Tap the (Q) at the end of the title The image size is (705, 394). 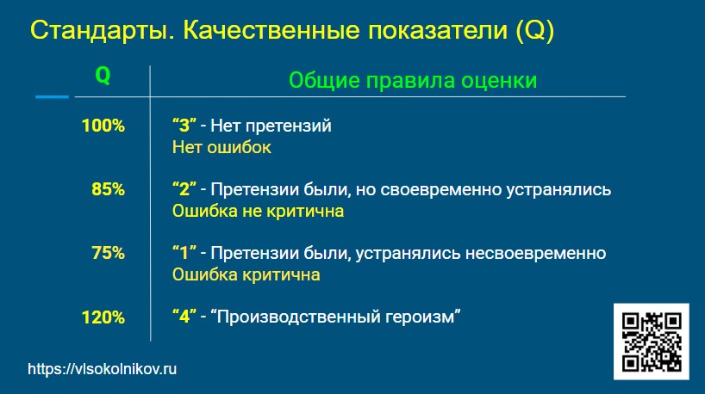(535, 30)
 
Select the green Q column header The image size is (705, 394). (103, 76)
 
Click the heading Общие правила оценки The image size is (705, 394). (413, 81)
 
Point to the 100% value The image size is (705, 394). (103, 126)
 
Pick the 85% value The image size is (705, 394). (108, 189)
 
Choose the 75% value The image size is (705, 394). (108, 253)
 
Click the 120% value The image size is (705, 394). (103, 317)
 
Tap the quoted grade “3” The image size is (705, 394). (184, 126)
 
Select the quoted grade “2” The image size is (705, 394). (184, 189)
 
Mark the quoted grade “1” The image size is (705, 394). (184, 253)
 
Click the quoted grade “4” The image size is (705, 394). (184, 317)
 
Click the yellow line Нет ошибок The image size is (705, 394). (221, 147)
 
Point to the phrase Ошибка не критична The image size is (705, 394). (258, 211)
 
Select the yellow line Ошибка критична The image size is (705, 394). (246, 274)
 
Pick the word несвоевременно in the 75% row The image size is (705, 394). (535, 253)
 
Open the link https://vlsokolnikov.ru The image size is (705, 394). (102, 369)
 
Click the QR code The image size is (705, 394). (652, 342)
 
